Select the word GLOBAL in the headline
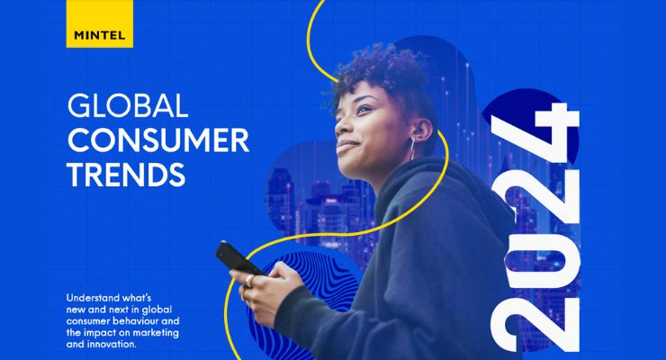[x=127, y=106]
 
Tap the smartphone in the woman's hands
[x=238, y=259]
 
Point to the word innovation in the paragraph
[x=121, y=343]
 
